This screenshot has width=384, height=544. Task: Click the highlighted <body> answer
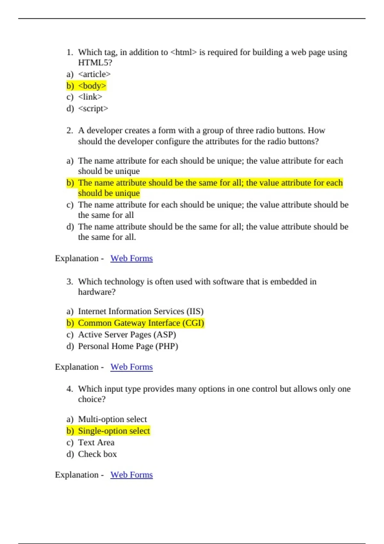(92, 86)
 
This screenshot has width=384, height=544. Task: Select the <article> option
(94, 74)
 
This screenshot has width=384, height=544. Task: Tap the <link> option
(90, 97)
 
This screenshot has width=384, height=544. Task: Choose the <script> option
(93, 108)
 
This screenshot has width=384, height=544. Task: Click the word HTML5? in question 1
(95, 62)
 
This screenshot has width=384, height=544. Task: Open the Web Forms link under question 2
(132, 258)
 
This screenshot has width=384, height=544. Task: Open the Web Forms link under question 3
(132, 367)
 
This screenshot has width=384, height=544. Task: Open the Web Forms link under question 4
(132, 475)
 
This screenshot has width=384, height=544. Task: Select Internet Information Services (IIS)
(140, 311)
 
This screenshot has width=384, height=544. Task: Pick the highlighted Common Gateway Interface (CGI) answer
(141, 323)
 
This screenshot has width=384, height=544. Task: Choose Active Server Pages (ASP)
(127, 334)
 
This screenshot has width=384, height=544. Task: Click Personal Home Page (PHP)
(128, 346)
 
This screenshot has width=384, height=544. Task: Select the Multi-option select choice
(112, 419)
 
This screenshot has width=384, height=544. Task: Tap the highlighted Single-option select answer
(114, 431)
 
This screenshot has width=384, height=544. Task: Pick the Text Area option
(96, 442)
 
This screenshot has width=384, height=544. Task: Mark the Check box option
(97, 454)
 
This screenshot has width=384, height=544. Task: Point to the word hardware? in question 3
(97, 292)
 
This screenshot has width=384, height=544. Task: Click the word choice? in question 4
(92, 399)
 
